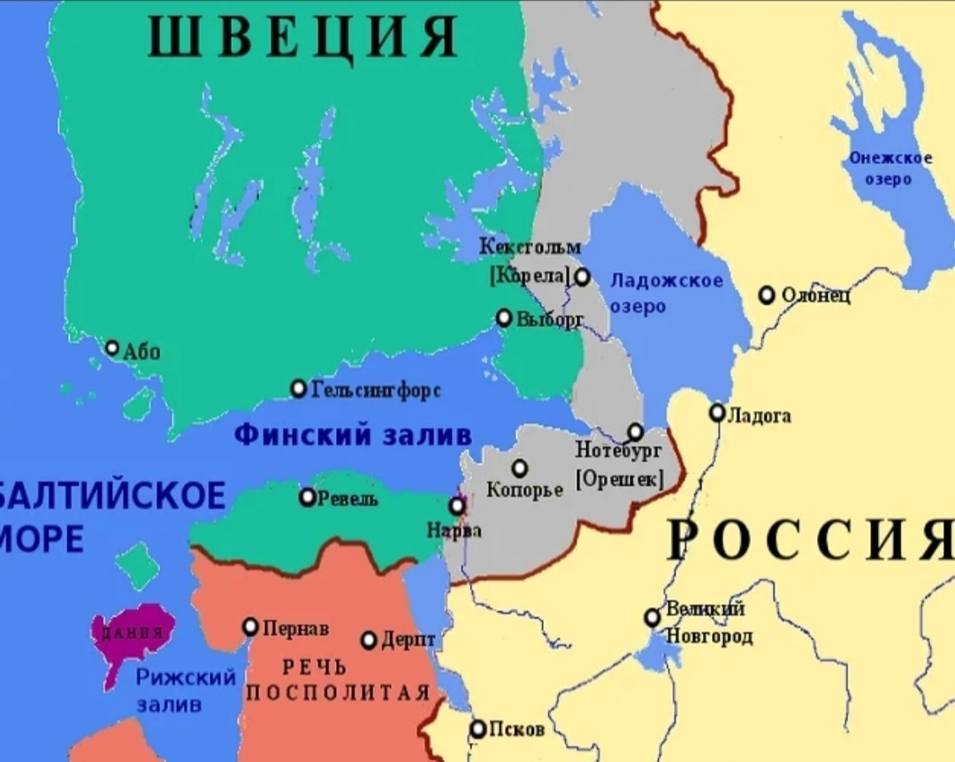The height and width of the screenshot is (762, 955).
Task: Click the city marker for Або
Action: click(x=112, y=348)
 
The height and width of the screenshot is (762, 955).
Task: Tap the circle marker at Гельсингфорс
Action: click(x=299, y=388)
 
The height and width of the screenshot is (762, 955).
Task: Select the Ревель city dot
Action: click(x=307, y=497)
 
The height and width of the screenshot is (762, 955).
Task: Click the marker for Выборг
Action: click(x=504, y=317)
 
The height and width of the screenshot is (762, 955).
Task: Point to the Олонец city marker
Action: click(x=768, y=294)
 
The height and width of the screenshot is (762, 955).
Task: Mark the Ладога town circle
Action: click(x=717, y=413)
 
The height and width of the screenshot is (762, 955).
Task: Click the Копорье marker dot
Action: click(x=520, y=468)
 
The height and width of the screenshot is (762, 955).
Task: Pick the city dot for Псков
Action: click(x=477, y=729)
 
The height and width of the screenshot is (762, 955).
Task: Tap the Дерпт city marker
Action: click(x=369, y=640)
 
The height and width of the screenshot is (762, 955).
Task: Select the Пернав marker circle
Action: click(x=250, y=627)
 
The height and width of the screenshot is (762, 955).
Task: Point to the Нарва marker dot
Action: click(x=457, y=506)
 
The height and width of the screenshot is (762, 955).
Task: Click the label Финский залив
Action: click(x=353, y=435)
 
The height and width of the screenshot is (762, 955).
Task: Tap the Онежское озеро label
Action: click(x=890, y=168)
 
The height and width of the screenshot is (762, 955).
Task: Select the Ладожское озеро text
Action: click(x=666, y=293)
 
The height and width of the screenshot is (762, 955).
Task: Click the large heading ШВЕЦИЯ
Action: click(x=302, y=38)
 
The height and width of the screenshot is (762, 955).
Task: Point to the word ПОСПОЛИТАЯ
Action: click(x=337, y=692)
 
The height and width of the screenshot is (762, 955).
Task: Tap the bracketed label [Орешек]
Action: click(x=618, y=480)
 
